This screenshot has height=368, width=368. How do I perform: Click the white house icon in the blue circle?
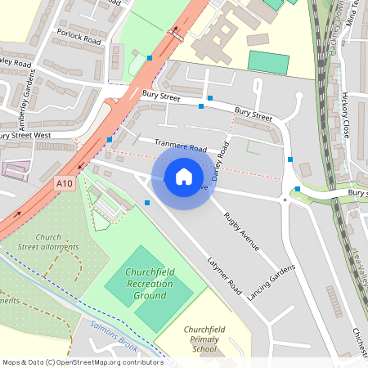184,177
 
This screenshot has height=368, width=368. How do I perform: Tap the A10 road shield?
65,184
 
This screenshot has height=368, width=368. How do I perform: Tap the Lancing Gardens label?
271,282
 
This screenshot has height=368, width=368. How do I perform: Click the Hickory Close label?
346,114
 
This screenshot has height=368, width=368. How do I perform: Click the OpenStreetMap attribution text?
83,362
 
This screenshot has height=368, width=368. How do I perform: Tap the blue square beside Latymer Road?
147,202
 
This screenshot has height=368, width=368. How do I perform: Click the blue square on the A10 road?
150,57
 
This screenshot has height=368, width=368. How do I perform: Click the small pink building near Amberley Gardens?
14,170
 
